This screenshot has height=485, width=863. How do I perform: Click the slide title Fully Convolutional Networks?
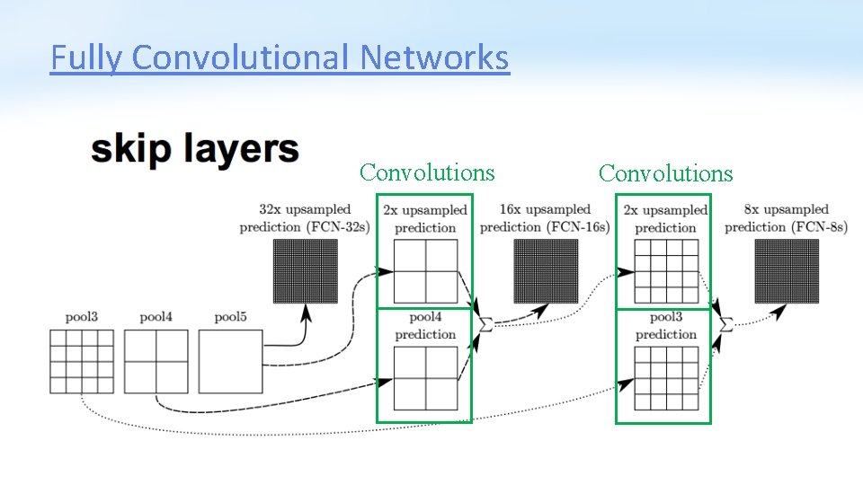click(280, 58)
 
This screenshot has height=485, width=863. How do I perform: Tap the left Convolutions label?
click(427, 172)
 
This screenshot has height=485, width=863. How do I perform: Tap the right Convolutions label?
click(666, 173)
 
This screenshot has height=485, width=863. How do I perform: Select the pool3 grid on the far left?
click(82, 361)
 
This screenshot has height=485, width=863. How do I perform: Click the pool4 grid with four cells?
click(156, 361)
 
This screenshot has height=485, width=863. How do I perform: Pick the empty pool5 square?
click(230, 361)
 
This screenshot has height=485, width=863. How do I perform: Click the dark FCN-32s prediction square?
click(306, 272)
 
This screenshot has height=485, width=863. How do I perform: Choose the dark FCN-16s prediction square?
click(546, 272)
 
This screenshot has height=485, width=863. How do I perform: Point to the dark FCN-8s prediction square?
click(787, 272)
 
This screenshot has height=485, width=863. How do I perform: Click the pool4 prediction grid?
click(425, 378)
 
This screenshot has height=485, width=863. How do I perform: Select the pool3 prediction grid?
click(666, 378)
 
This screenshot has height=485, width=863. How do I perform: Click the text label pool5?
click(230, 317)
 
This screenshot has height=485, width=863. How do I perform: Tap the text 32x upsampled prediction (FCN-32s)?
click(305, 218)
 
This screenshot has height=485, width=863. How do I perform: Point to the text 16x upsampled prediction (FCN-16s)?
click(545, 218)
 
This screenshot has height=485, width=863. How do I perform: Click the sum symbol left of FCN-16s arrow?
click(485, 323)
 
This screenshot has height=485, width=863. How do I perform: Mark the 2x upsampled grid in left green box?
click(425, 272)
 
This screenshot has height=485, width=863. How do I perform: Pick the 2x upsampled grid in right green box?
click(666, 272)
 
